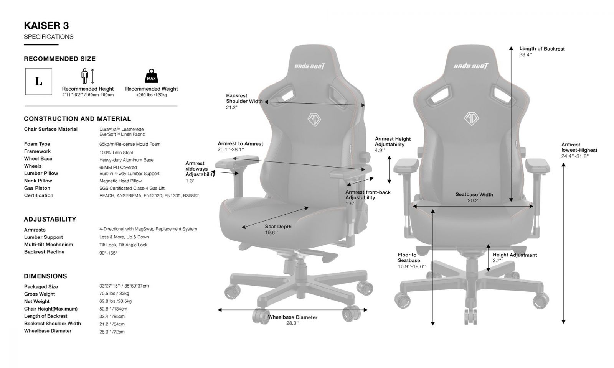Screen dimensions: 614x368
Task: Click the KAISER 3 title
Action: [x=46, y=26]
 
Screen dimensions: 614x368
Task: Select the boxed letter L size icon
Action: [x=39, y=81]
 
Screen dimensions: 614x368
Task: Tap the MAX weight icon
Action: [x=151, y=76]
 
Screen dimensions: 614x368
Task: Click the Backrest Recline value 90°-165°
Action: [x=108, y=253]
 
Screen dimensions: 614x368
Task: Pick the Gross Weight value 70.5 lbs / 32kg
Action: [x=114, y=294]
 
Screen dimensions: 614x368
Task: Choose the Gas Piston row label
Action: [x=37, y=188]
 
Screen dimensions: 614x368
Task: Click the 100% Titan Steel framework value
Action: [x=116, y=153]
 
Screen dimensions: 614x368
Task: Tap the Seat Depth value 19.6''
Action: [x=271, y=232]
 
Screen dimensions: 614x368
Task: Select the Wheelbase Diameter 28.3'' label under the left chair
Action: [x=292, y=320]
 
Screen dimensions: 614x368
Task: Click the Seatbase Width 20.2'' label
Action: [x=474, y=197]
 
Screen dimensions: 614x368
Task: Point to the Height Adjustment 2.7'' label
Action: [x=515, y=258]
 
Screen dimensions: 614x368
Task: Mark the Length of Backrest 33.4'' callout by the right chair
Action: [x=542, y=51]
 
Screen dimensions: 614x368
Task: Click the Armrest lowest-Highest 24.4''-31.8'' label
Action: [x=579, y=150]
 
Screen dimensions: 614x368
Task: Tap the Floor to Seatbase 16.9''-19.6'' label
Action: [x=412, y=260]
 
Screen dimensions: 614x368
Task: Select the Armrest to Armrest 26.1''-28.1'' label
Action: [x=240, y=146]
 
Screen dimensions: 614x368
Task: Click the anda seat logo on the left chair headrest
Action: [x=310, y=66]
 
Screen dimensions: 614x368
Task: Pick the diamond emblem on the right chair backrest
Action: [x=472, y=118]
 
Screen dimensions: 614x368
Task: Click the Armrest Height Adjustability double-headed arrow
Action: [x=389, y=169]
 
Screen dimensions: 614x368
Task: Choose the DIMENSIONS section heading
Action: [x=46, y=276]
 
